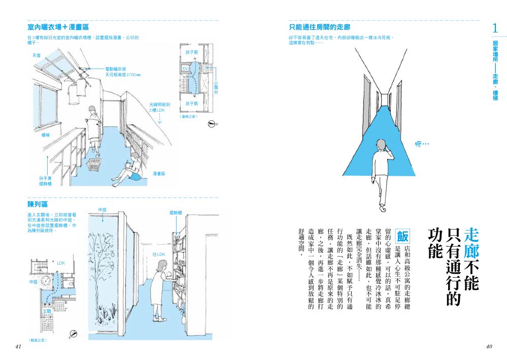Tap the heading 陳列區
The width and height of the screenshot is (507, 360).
point(38,204)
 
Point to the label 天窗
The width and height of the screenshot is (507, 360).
point(36,54)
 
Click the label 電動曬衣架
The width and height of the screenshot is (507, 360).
point(116,69)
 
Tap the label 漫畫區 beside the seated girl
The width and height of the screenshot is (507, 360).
point(159,173)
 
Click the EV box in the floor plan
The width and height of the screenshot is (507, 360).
point(185,68)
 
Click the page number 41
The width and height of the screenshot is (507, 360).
point(18,346)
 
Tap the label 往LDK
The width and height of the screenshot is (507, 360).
point(159,254)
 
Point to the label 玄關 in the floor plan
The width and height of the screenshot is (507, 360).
point(47,311)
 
